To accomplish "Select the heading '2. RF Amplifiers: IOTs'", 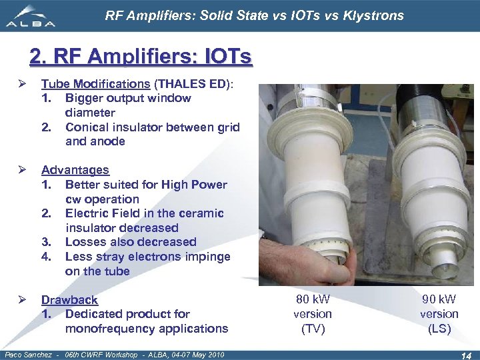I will (x=141, y=57).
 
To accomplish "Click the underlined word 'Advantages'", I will (x=75, y=170).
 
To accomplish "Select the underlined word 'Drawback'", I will (x=69, y=300).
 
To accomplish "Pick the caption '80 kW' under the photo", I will (x=313, y=299).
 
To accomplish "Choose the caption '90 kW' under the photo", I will (x=439, y=299).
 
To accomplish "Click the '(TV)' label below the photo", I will (x=313, y=329).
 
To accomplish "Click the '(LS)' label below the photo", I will (x=439, y=329).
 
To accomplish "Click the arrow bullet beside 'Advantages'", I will (x=23, y=170).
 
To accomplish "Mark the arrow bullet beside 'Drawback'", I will (x=23, y=300).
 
